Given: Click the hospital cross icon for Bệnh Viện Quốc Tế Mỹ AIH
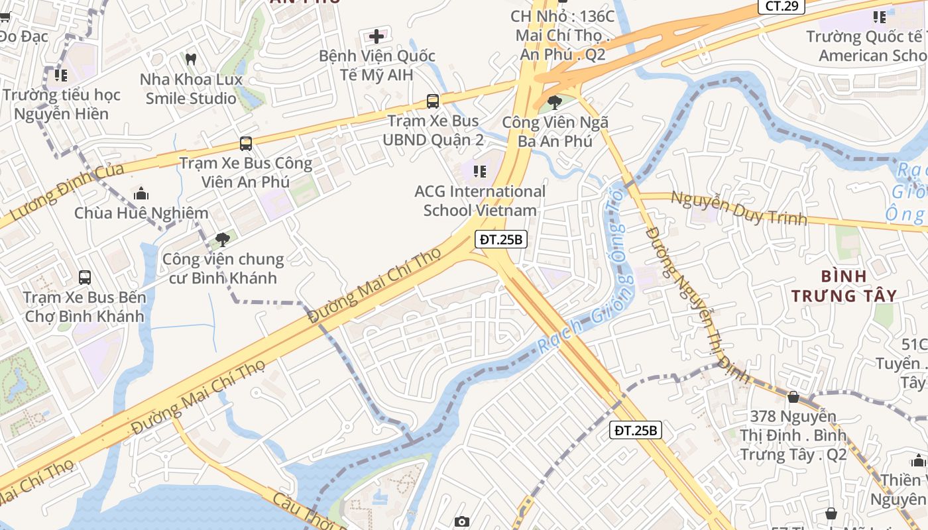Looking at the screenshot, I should coord(377,35).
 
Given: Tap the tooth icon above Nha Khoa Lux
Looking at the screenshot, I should coord(191,59).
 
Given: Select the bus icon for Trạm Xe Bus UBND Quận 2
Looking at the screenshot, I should coord(433,101).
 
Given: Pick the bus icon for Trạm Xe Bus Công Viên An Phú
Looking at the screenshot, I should coord(246,143).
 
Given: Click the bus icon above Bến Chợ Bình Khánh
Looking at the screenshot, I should coord(85,277).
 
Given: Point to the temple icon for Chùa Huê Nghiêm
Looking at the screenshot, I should coord(141,194).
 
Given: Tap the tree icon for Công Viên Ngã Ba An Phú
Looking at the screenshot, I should coord(555,103).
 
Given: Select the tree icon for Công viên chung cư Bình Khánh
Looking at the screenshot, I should coord(223,239).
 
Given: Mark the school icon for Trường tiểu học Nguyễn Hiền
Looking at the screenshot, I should coord(61,76).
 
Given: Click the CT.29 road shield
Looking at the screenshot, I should coord(782,7).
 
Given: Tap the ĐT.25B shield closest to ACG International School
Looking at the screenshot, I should coord(501,240).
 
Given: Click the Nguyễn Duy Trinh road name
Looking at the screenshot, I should coord(738,207).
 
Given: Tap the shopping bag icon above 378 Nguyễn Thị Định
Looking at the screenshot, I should coord(793,397).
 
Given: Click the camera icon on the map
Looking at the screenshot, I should coord(462,522).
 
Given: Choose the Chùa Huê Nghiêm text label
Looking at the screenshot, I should coord(141,213).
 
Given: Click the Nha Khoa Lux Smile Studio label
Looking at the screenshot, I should coord(191,89).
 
